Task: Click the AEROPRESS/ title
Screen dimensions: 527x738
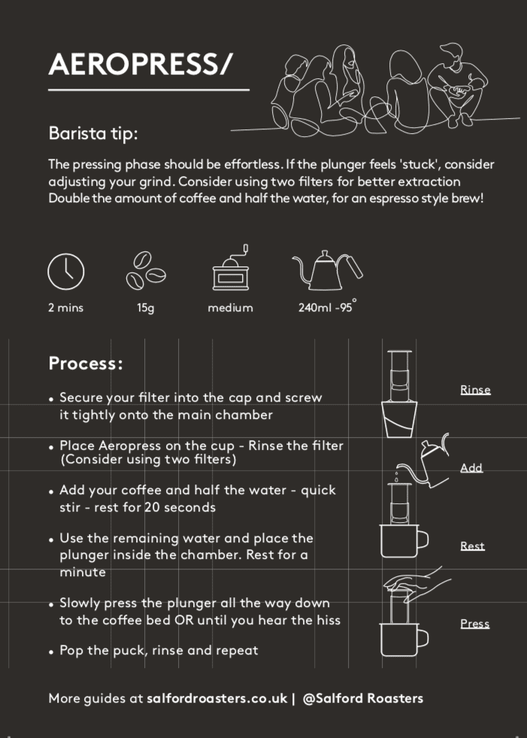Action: pos(141,64)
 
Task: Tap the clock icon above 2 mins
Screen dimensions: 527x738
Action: pos(66,272)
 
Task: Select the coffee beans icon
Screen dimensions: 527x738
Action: pos(146,270)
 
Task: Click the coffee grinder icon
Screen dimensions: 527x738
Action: pos(231,267)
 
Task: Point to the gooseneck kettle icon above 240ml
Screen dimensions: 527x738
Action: pos(328,270)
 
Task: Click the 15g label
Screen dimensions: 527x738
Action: pos(146,308)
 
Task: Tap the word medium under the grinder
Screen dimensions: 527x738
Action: pos(231,308)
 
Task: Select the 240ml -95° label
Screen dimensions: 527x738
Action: pos(328,306)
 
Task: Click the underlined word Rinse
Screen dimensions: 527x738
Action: pos(475,390)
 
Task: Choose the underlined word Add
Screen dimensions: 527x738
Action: pos(471,468)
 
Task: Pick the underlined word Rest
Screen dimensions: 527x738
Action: pos(472,546)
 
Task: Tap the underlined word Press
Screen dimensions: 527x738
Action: pos(475,624)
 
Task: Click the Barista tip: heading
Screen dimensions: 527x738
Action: pos(93,133)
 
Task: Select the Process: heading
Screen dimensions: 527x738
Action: pos(86,363)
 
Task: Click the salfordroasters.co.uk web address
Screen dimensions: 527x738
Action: pos(217,698)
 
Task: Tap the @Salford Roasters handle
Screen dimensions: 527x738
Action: pos(363,698)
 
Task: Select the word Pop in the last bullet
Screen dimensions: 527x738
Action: pos(71,651)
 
